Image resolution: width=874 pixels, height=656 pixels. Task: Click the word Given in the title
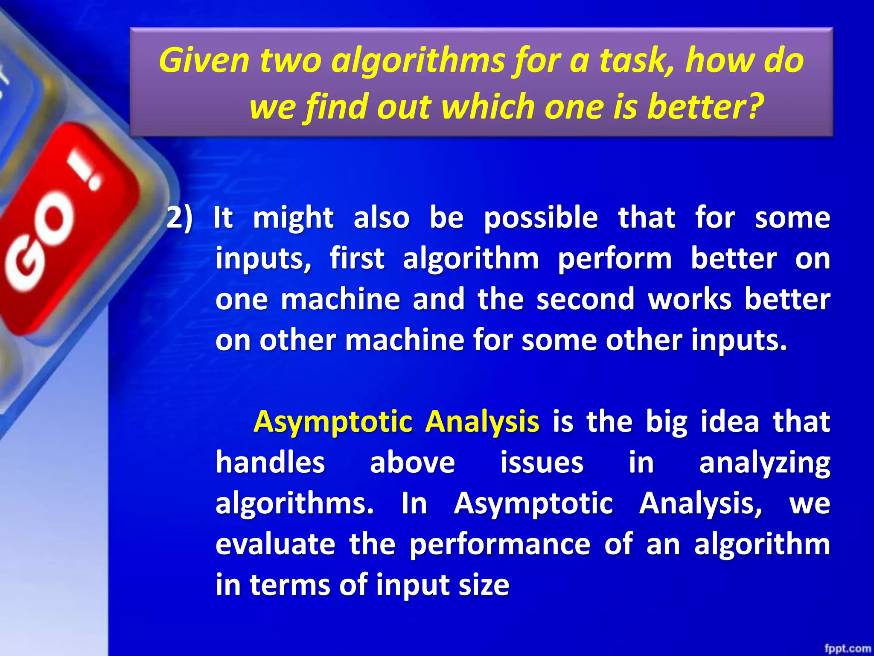click(x=204, y=60)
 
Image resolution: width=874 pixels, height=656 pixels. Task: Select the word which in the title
click(x=487, y=107)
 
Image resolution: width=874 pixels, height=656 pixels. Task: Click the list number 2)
click(x=179, y=218)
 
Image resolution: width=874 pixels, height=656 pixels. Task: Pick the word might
click(x=293, y=218)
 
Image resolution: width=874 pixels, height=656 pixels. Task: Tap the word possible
click(x=541, y=218)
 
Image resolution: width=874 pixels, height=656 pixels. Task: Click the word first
click(x=357, y=258)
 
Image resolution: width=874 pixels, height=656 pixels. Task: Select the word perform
click(x=615, y=258)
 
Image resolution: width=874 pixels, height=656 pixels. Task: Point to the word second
click(x=586, y=299)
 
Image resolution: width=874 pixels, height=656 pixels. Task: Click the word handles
click(x=270, y=463)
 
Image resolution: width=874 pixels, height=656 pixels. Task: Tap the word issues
click(x=542, y=463)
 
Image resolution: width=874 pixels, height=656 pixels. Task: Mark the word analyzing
click(x=764, y=463)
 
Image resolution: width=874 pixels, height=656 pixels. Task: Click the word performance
click(x=500, y=545)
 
